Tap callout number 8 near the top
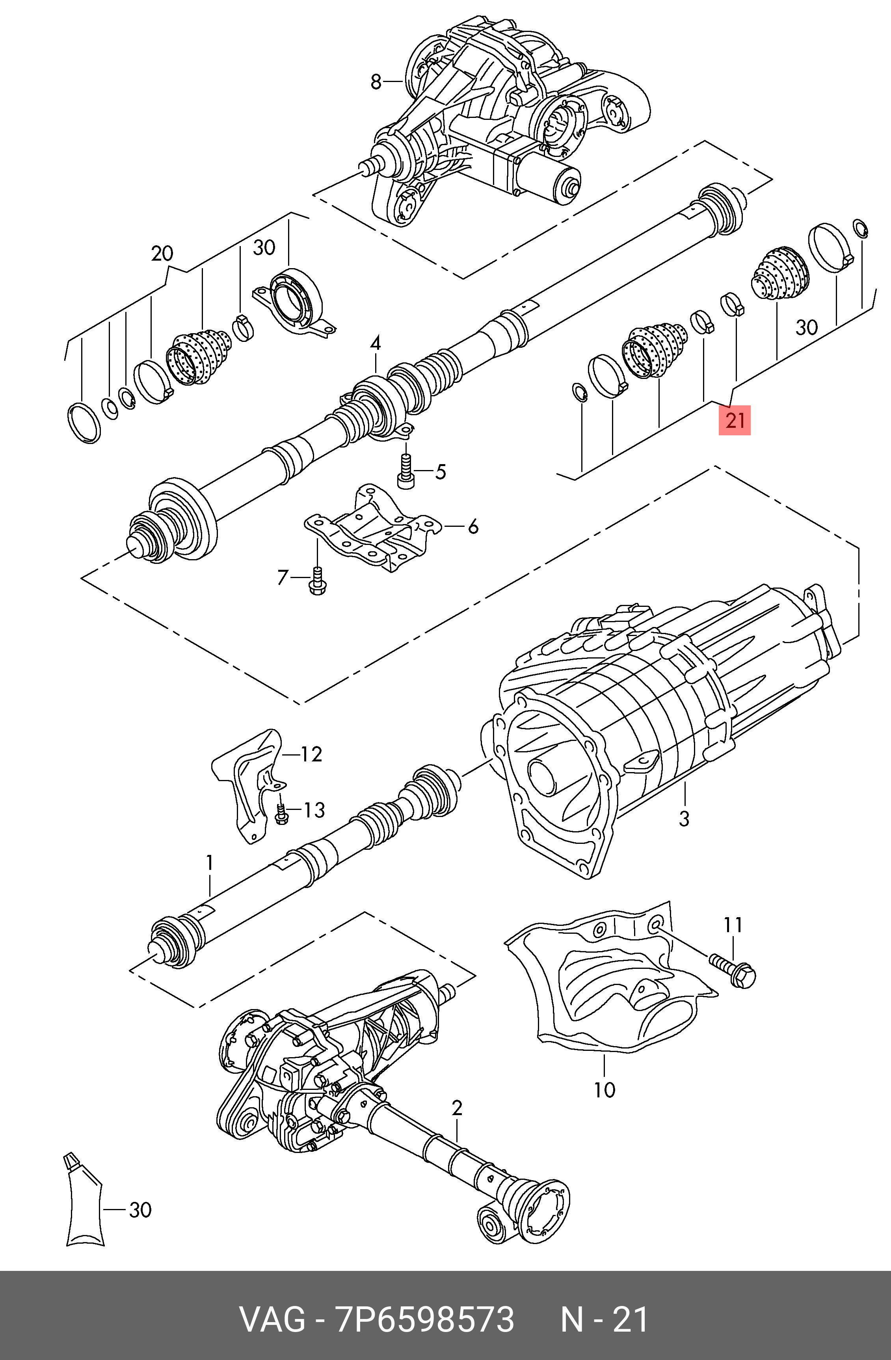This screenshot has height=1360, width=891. tap(375, 82)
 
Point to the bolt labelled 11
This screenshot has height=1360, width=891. tap(733, 970)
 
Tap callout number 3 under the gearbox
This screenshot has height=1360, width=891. tap(684, 818)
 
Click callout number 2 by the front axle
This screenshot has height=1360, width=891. tap(456, 1108)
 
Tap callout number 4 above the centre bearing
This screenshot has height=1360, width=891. tap(375, 343)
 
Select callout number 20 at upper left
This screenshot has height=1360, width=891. tap(162, 253)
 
